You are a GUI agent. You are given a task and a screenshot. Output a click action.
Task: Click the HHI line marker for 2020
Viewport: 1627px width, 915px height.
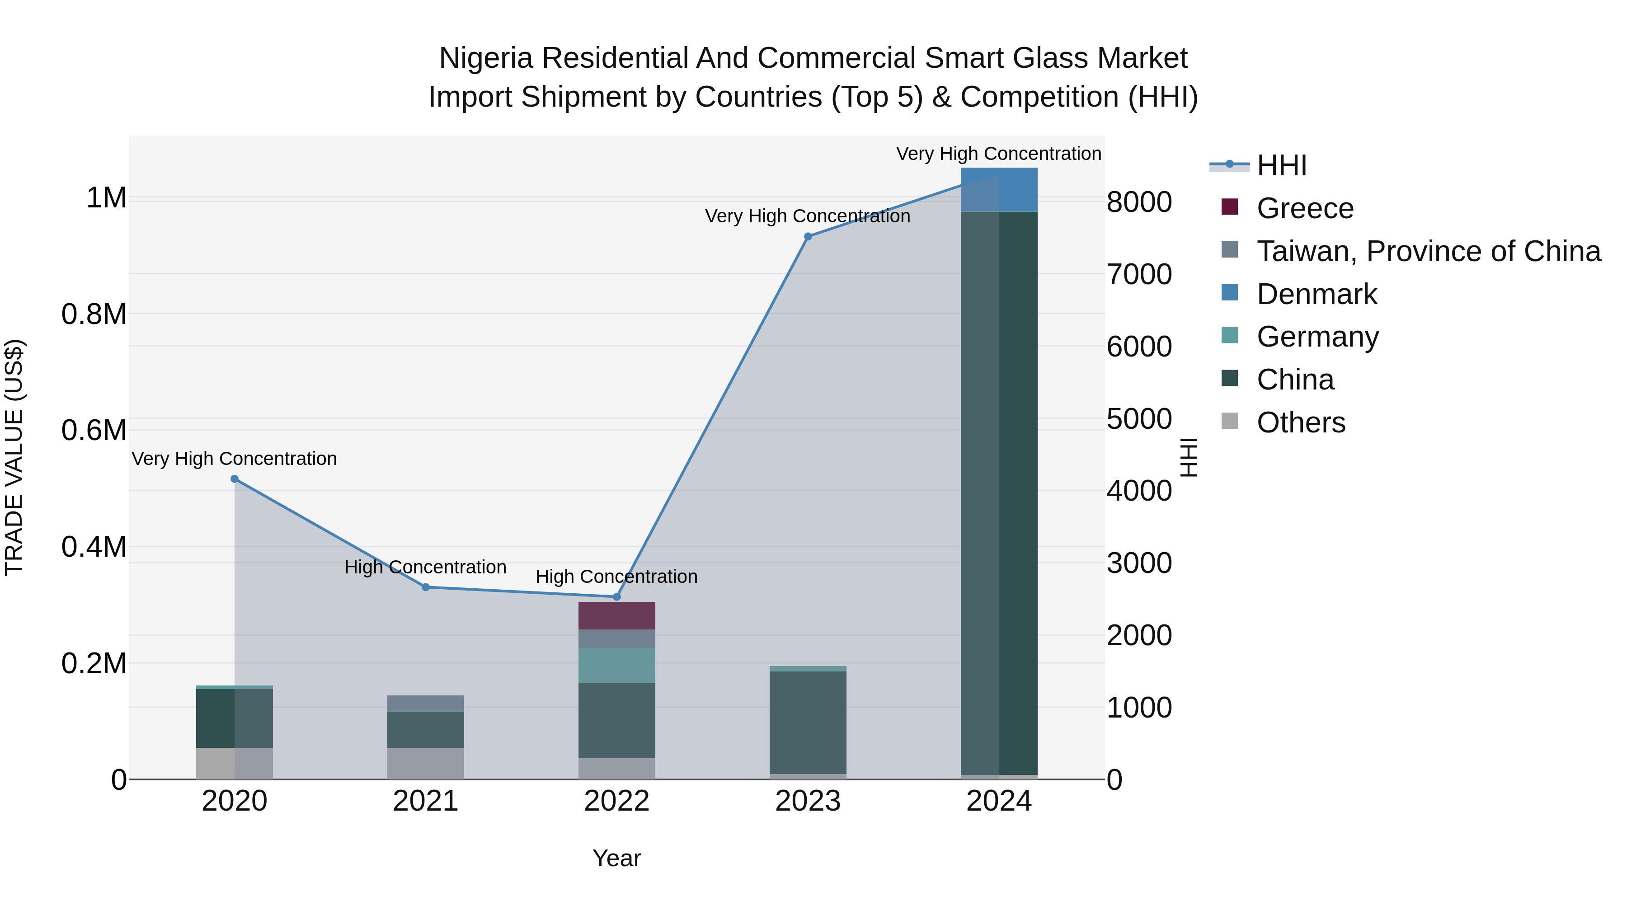click(234, 479)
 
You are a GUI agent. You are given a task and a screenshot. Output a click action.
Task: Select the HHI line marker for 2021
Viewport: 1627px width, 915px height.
click(426, 587)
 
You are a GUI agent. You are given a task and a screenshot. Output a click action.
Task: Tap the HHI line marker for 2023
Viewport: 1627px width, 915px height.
click(808, 237)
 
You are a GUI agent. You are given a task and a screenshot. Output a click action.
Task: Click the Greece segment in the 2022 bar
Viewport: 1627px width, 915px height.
click(616, 616)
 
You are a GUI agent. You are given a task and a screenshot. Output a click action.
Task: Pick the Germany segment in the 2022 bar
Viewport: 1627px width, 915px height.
click(616, 666)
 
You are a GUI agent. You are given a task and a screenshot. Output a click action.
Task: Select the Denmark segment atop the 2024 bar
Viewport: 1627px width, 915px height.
click(998, 189)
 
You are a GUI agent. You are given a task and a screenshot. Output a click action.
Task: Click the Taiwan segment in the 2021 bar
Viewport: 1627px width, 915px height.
click(426, 703)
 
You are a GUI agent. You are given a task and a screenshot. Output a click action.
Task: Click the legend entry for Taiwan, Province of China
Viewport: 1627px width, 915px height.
click(1428, 251)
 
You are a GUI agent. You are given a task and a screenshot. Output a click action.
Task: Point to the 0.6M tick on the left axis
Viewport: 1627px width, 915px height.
click(94, 430)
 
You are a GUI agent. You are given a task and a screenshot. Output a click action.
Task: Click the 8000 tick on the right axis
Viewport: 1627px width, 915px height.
click(1139, 202)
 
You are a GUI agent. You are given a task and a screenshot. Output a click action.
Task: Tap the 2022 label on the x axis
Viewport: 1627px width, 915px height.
click(616, 801)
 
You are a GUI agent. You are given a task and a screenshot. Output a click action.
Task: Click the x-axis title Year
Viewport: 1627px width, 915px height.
click(616, 858)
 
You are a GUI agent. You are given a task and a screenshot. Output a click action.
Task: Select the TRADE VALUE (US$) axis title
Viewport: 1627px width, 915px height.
click(14, 457)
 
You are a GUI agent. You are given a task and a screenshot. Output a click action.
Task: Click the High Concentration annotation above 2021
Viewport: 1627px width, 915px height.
click(425, 567)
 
